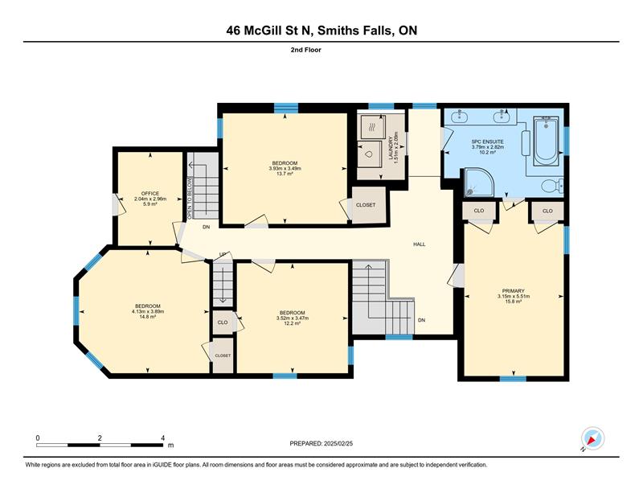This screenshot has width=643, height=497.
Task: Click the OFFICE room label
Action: (150, 193)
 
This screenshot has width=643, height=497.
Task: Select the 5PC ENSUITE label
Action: (488, 142)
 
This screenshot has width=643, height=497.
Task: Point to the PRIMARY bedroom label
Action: (514, 291)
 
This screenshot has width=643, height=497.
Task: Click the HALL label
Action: (419, 244)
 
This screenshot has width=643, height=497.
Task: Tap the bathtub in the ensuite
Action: (546, 142)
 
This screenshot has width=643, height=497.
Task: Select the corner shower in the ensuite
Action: (479, 183)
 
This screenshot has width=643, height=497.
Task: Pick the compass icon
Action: (592, 438)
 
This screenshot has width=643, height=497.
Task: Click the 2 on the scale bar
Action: (100, 438)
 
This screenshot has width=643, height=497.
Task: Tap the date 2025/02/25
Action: (338, 443)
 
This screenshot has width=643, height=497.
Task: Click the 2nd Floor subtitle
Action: (306, 50)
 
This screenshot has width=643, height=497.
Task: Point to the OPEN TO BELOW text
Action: (190, 198)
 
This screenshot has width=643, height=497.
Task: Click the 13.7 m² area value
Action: (285, 174)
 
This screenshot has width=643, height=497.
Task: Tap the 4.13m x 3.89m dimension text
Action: (148, 311)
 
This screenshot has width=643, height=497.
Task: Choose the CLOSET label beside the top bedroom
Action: (366, 205)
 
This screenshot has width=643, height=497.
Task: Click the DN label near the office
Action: (207, 227)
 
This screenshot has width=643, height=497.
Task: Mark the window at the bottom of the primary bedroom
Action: (513, 379)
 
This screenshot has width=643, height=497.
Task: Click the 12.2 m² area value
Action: (293, 323)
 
